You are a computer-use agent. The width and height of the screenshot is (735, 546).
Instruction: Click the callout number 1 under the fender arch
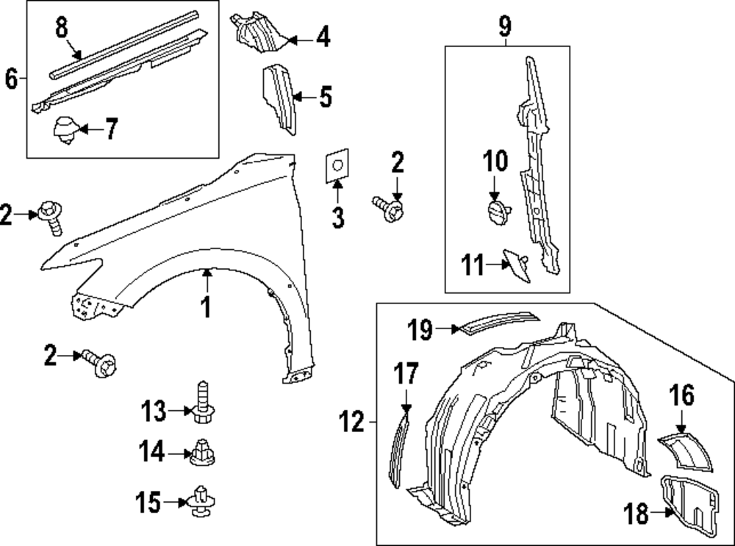(x=207, y=306)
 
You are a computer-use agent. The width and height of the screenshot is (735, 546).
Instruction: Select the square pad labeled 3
(x=336, y=168)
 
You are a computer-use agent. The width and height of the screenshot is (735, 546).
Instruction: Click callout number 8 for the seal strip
(x=62, y=29)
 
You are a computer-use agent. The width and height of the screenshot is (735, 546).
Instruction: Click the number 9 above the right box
(x=504, y=28)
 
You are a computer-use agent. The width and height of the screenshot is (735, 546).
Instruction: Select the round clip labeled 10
(x=498, y=212)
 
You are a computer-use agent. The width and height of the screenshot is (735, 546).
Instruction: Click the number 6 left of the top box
(x=11, y=78)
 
